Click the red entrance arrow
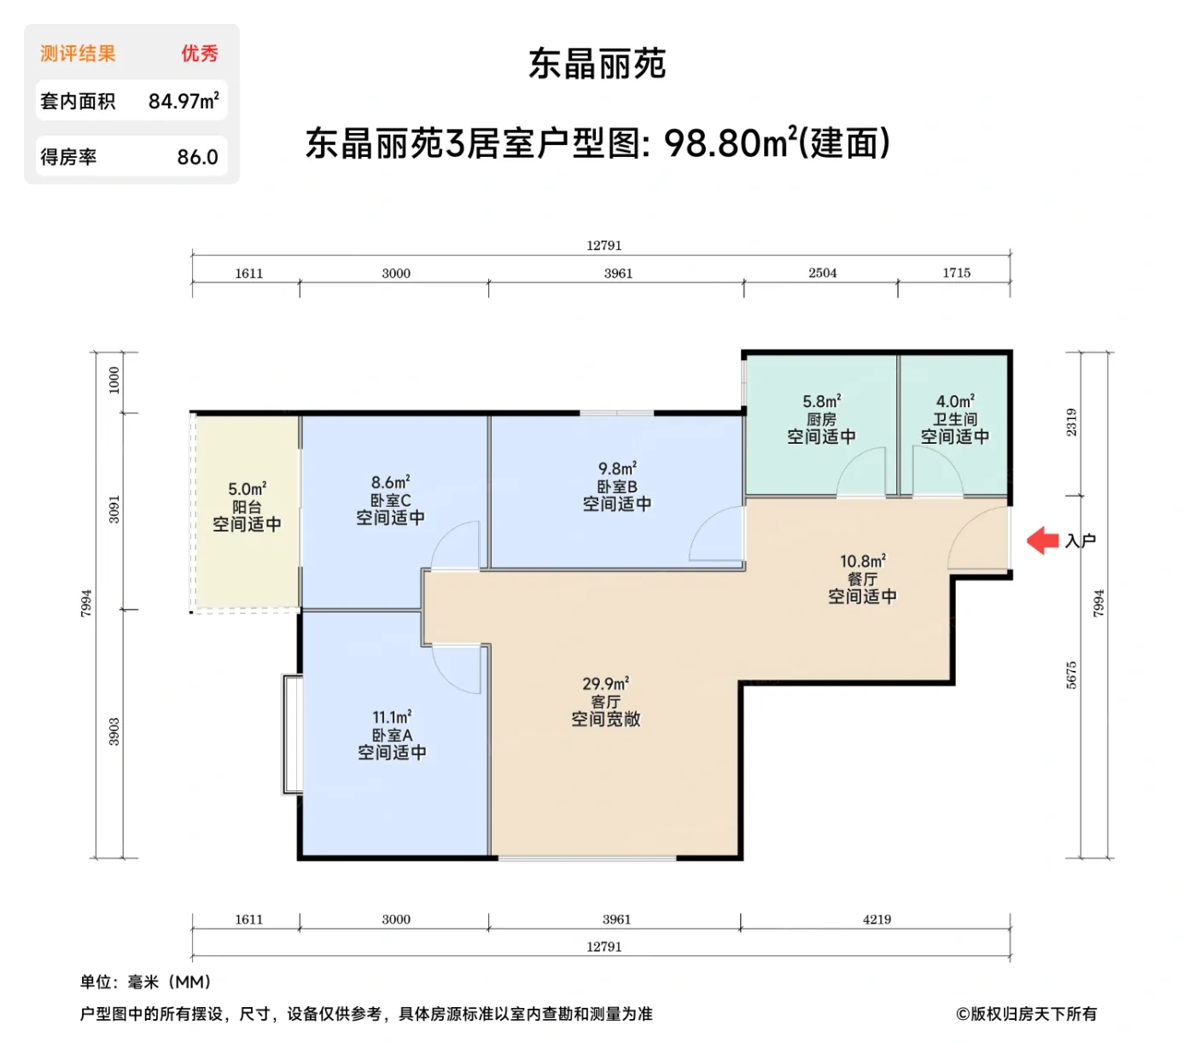click(x=1042, y=540)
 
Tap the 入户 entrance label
click(x=1080, y=541)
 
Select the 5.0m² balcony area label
click(x=247, y=489)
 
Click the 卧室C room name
click(x=390, y=501)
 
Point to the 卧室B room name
click(x=616, y=487)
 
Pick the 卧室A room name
click(x=392, y=735)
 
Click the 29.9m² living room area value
click(x=605, y=684)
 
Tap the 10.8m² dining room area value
click(x=862, y=561)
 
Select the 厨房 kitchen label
click(x=821, y=419)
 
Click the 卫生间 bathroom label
click(x=954, y=419)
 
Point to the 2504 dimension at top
click(x=822, y=273)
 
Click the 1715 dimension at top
click(x=956, y=273)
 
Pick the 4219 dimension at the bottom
click(x=877, y=919)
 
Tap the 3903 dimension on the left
click(x=114, y=731)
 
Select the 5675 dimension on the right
click(x=1071, y=674)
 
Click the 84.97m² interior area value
click(x=184, y=102)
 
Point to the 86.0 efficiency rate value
click(x=197, y=157)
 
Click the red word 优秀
click(x=199, y=54)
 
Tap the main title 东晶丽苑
click(x=597, y=64)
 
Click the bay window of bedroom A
click(x=292, y=734)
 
